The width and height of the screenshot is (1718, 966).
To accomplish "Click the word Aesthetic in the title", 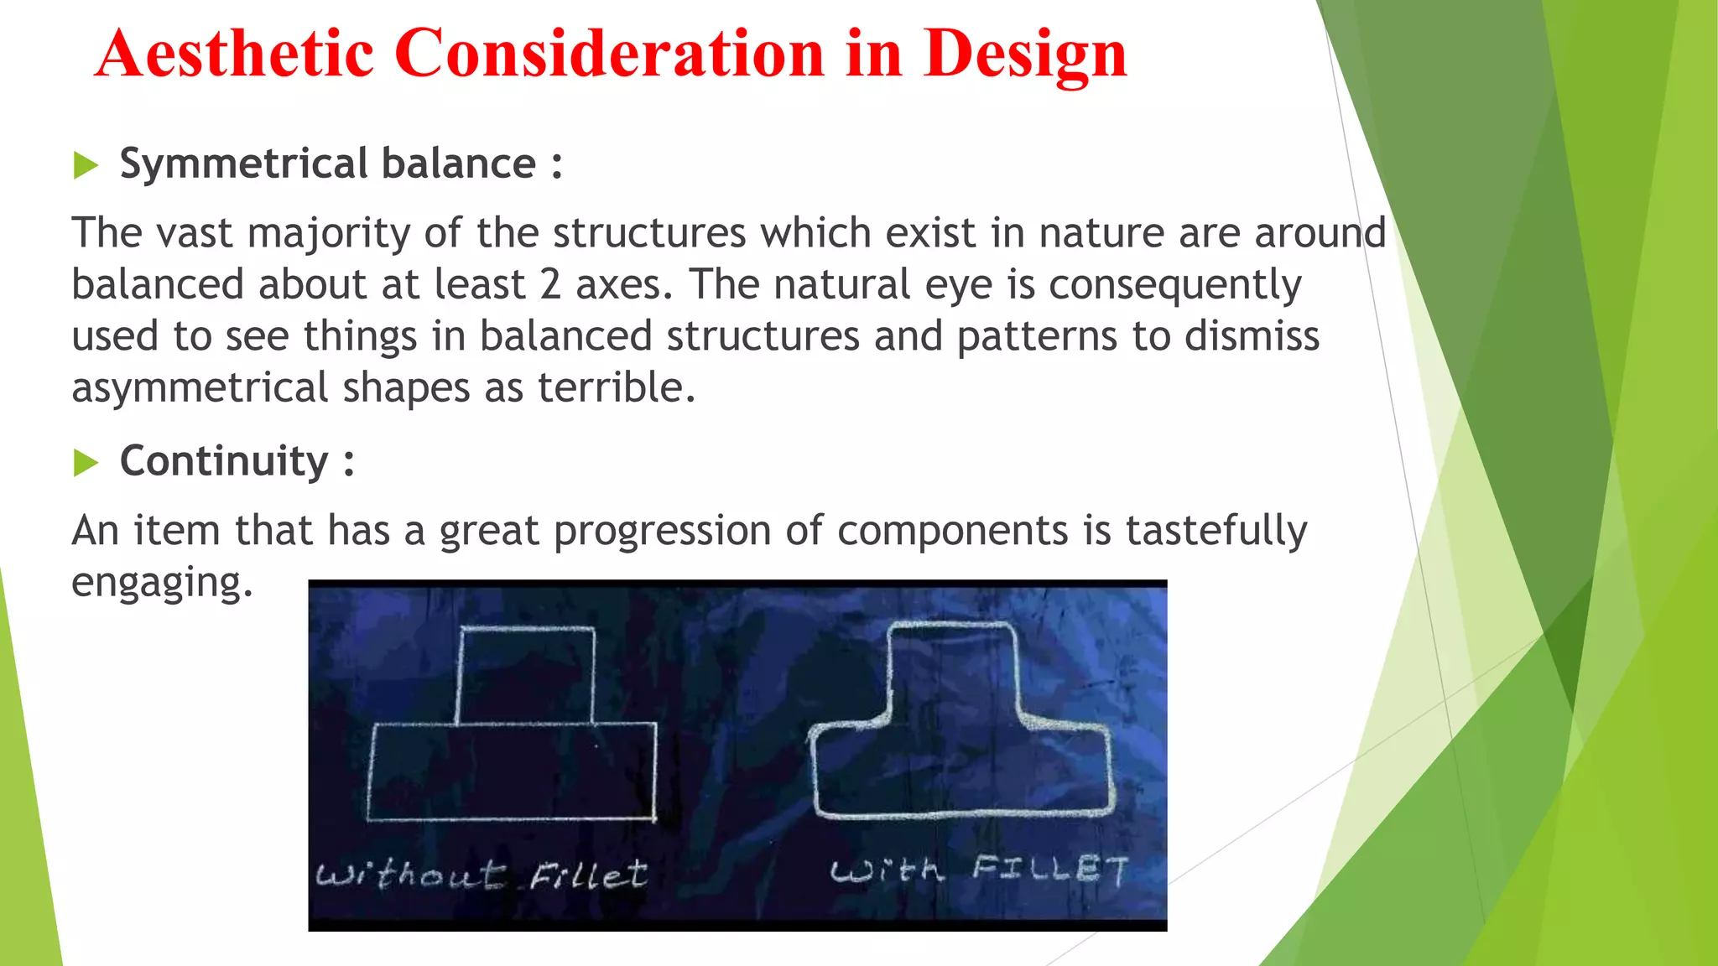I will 235,54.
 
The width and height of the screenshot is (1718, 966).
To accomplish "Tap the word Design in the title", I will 1025,54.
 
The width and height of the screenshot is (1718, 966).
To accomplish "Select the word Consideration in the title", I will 610,54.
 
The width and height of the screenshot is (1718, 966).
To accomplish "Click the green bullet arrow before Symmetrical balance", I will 86,165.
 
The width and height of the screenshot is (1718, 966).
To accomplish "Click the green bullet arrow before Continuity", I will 86,462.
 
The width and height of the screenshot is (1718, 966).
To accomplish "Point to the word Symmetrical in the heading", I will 243,164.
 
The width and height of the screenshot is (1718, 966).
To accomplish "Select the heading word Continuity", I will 224,461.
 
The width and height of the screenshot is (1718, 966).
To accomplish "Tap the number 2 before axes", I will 550,284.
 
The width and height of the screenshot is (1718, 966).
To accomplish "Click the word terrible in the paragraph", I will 616,387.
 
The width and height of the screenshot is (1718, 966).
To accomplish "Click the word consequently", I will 1174,285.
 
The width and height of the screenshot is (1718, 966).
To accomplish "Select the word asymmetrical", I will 200,388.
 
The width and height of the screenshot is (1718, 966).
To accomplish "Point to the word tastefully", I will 1216,531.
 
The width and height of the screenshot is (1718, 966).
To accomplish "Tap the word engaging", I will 161,582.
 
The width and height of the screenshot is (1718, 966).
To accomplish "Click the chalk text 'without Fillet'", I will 481,875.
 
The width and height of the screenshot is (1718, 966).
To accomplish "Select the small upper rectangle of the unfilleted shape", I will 526,675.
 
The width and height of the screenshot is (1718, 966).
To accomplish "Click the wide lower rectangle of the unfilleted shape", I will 512,771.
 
